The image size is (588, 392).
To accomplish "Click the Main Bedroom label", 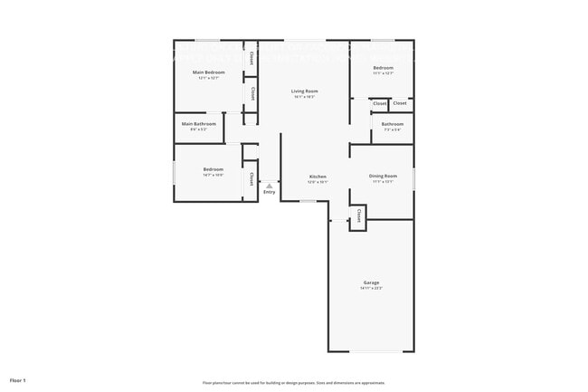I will coord(208,72).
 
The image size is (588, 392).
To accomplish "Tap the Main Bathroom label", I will coord(198,124).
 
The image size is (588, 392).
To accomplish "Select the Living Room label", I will coord(304,91).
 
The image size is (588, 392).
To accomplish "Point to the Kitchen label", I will coord(318,177).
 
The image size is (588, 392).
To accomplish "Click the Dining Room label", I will coord(383,176).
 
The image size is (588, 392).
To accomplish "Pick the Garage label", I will coord(371,282).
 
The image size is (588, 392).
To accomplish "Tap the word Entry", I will coord(269,192).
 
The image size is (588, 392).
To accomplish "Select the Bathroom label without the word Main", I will coord(392,124).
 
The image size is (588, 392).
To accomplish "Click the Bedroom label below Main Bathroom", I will coord(213,169).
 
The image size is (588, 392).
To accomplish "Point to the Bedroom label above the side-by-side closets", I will coord(384,68).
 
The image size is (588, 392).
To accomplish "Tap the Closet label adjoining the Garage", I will coord(359,216).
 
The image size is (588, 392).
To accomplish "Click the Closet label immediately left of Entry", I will coord(251,177).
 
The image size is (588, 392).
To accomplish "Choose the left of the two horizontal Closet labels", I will coord(380,103).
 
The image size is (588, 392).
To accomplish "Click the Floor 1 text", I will coord(18,379).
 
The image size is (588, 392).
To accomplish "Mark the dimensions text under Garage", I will coord(371,289).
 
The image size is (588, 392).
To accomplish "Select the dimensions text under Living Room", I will coord(304,97).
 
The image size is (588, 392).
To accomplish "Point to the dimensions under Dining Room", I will coord(383,182).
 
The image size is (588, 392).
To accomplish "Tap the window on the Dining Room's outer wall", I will coord(413,177).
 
